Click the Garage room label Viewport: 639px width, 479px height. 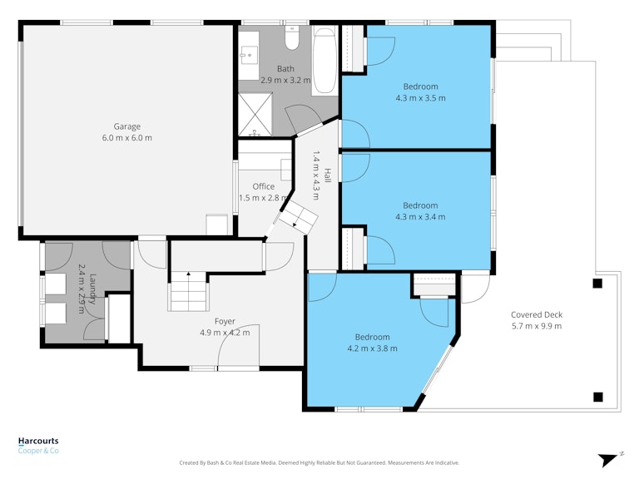(x=127, y=126)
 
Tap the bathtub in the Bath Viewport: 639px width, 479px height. (x=324, y=61)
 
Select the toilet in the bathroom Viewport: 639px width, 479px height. (x=292, y=38)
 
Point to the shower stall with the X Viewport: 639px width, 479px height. (x=255, y=115)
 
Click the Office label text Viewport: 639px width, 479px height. (x=263, y=186)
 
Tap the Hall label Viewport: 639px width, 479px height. (x=327, y=175)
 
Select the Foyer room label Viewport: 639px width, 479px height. (x=225, y=322)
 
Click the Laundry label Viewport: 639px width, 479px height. (x=92, y=289)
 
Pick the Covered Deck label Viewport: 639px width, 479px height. (x=537, y=314)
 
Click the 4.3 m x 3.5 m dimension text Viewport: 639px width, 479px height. (x=420, y=98)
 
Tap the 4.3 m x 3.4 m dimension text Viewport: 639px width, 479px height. (x=420, y=217)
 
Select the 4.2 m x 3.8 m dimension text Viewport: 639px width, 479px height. (x=373, y=348)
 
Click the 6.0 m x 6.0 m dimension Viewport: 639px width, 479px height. (x=127, y=138)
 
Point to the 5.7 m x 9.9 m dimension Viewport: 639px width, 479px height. (x=537, y=326)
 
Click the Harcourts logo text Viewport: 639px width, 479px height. (x=38, y=441)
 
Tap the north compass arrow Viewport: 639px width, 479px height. (x=609, y=460)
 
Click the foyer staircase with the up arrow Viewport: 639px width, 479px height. (x=189, y=291)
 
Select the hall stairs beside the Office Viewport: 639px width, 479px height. (x=299, y=218)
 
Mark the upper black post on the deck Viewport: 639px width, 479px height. (x=597, y=284)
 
